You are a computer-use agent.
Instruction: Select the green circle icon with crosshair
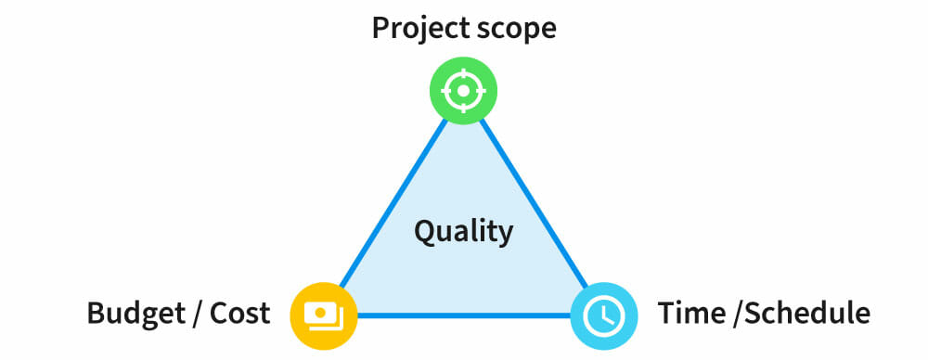click(463, 91)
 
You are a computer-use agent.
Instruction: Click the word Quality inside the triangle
click(463, 231)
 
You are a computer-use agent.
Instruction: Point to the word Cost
click(239, 314)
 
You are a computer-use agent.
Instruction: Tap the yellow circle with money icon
click(324, 315)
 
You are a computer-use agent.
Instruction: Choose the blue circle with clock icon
click(603, 315)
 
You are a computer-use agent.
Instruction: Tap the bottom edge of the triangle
click(463, 315)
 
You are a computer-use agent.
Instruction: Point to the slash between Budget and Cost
click(197, 314)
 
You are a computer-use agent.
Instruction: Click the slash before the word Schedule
click(738, 314)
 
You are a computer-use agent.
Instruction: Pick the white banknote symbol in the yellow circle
click(323, 315)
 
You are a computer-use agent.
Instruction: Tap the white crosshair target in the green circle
click(463, 91)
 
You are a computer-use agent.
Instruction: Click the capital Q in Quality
click(424, 231)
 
